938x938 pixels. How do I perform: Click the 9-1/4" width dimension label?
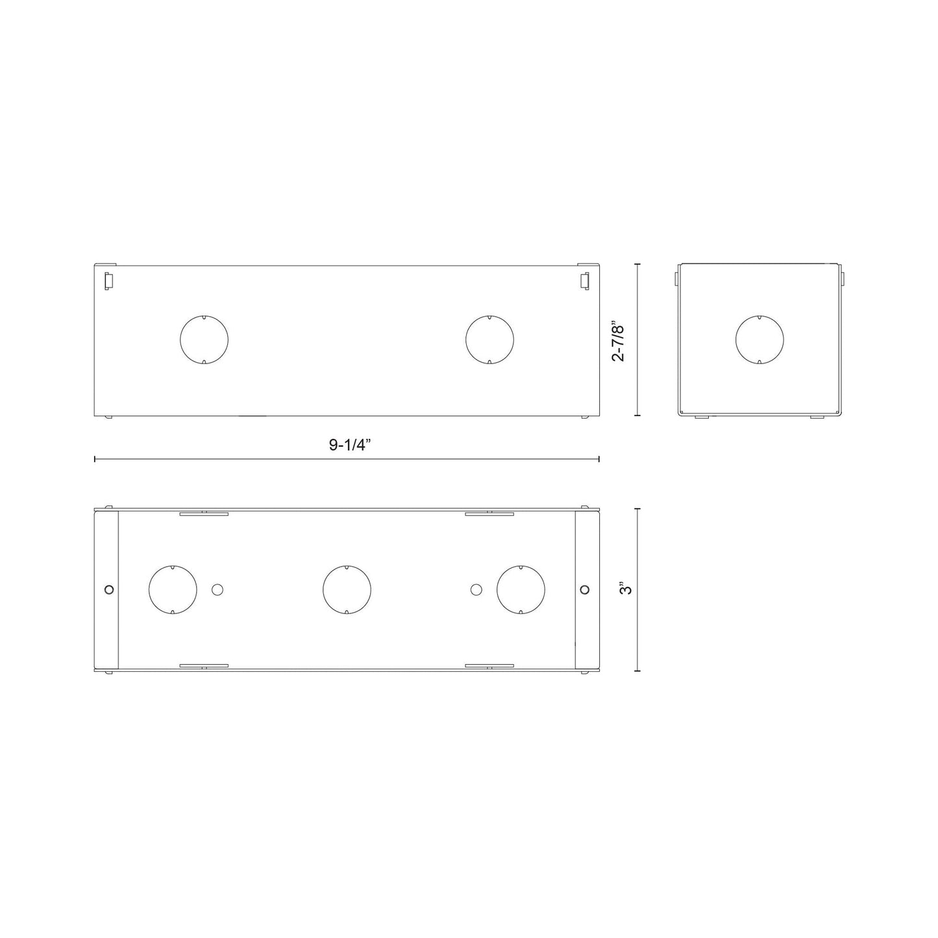(x=349, y=445)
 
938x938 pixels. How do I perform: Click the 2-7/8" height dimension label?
(x=618, y=341)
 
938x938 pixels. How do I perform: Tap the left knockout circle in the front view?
(x=204, y=339)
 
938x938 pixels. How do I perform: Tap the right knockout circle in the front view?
(x=489, y=339)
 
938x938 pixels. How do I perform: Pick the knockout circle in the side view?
(x=759, y=339)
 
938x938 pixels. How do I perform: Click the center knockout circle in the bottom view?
(x=347, y=589)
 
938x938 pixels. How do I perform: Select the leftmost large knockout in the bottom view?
(x=173, y=589)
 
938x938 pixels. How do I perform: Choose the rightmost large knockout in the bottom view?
(x=521, y=589)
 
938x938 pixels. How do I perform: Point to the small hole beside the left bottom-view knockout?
(x=217, y=589)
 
